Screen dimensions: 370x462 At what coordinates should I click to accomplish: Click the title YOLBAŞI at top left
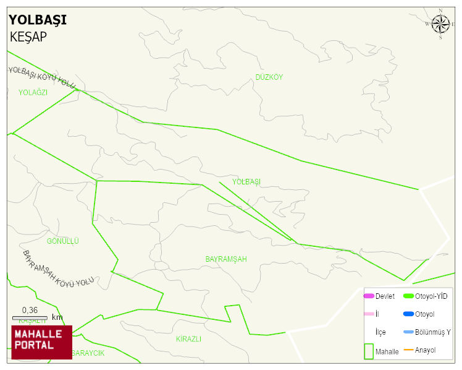click(x=38, y=20)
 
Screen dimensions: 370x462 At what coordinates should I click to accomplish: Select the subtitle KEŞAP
click(x=28, y=37)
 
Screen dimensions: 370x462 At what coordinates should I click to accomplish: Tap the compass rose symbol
click(x=440, y=24)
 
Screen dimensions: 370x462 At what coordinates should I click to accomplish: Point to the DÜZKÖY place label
click(x=269, y=77)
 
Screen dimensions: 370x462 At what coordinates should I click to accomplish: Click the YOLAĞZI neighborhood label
click(x=33, y=92)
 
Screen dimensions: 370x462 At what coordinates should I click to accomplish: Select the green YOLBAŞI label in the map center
click(x=246, y=181)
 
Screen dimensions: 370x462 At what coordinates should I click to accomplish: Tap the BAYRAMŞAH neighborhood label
click(x=226, y=259)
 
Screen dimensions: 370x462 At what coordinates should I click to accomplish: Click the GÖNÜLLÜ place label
click(x=63, y=241)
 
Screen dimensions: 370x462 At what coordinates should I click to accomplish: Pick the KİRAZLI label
click(x=188, y=339)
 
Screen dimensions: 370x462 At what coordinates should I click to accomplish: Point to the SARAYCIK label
click(x=88, y=353)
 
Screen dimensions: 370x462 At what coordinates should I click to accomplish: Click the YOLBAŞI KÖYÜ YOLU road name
click(x=42, y=77)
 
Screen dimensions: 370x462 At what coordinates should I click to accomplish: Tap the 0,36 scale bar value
click(x=30, y=310)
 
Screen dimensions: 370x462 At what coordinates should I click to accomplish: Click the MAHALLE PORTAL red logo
click(x=41, y=342)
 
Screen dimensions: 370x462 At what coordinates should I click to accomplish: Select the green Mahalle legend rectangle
click(x=369, y=351)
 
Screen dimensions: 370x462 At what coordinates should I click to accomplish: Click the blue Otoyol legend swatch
click(x=408, y=314)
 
